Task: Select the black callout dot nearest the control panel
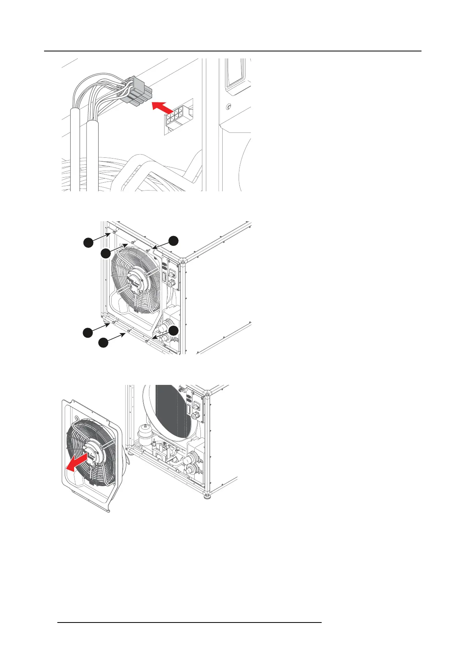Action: [173, 241]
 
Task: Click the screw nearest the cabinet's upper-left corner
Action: [114, 232]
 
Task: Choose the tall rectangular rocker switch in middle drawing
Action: [165, 277]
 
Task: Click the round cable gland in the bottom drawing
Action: [194, 416]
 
